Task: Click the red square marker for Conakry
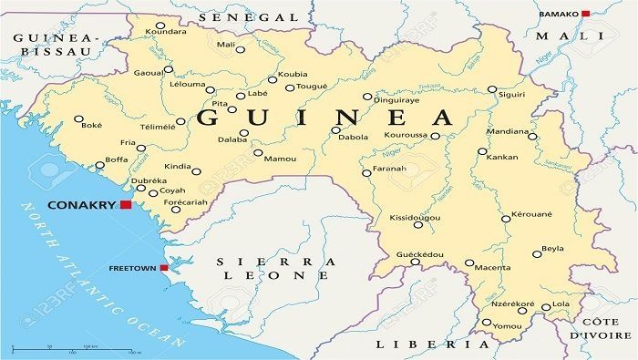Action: [125, 205]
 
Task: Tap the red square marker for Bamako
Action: [586, 14]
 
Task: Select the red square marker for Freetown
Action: [163, 268]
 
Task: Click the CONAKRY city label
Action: [83, 205]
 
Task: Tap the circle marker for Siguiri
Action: [492, 89]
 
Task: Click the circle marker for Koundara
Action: [160, 26]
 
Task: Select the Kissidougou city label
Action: [414, 220]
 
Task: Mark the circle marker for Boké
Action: [78, 118]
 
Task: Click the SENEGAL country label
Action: [248, 17]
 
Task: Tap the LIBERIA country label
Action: [432, 345]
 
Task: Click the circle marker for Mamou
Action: [258, 153]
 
